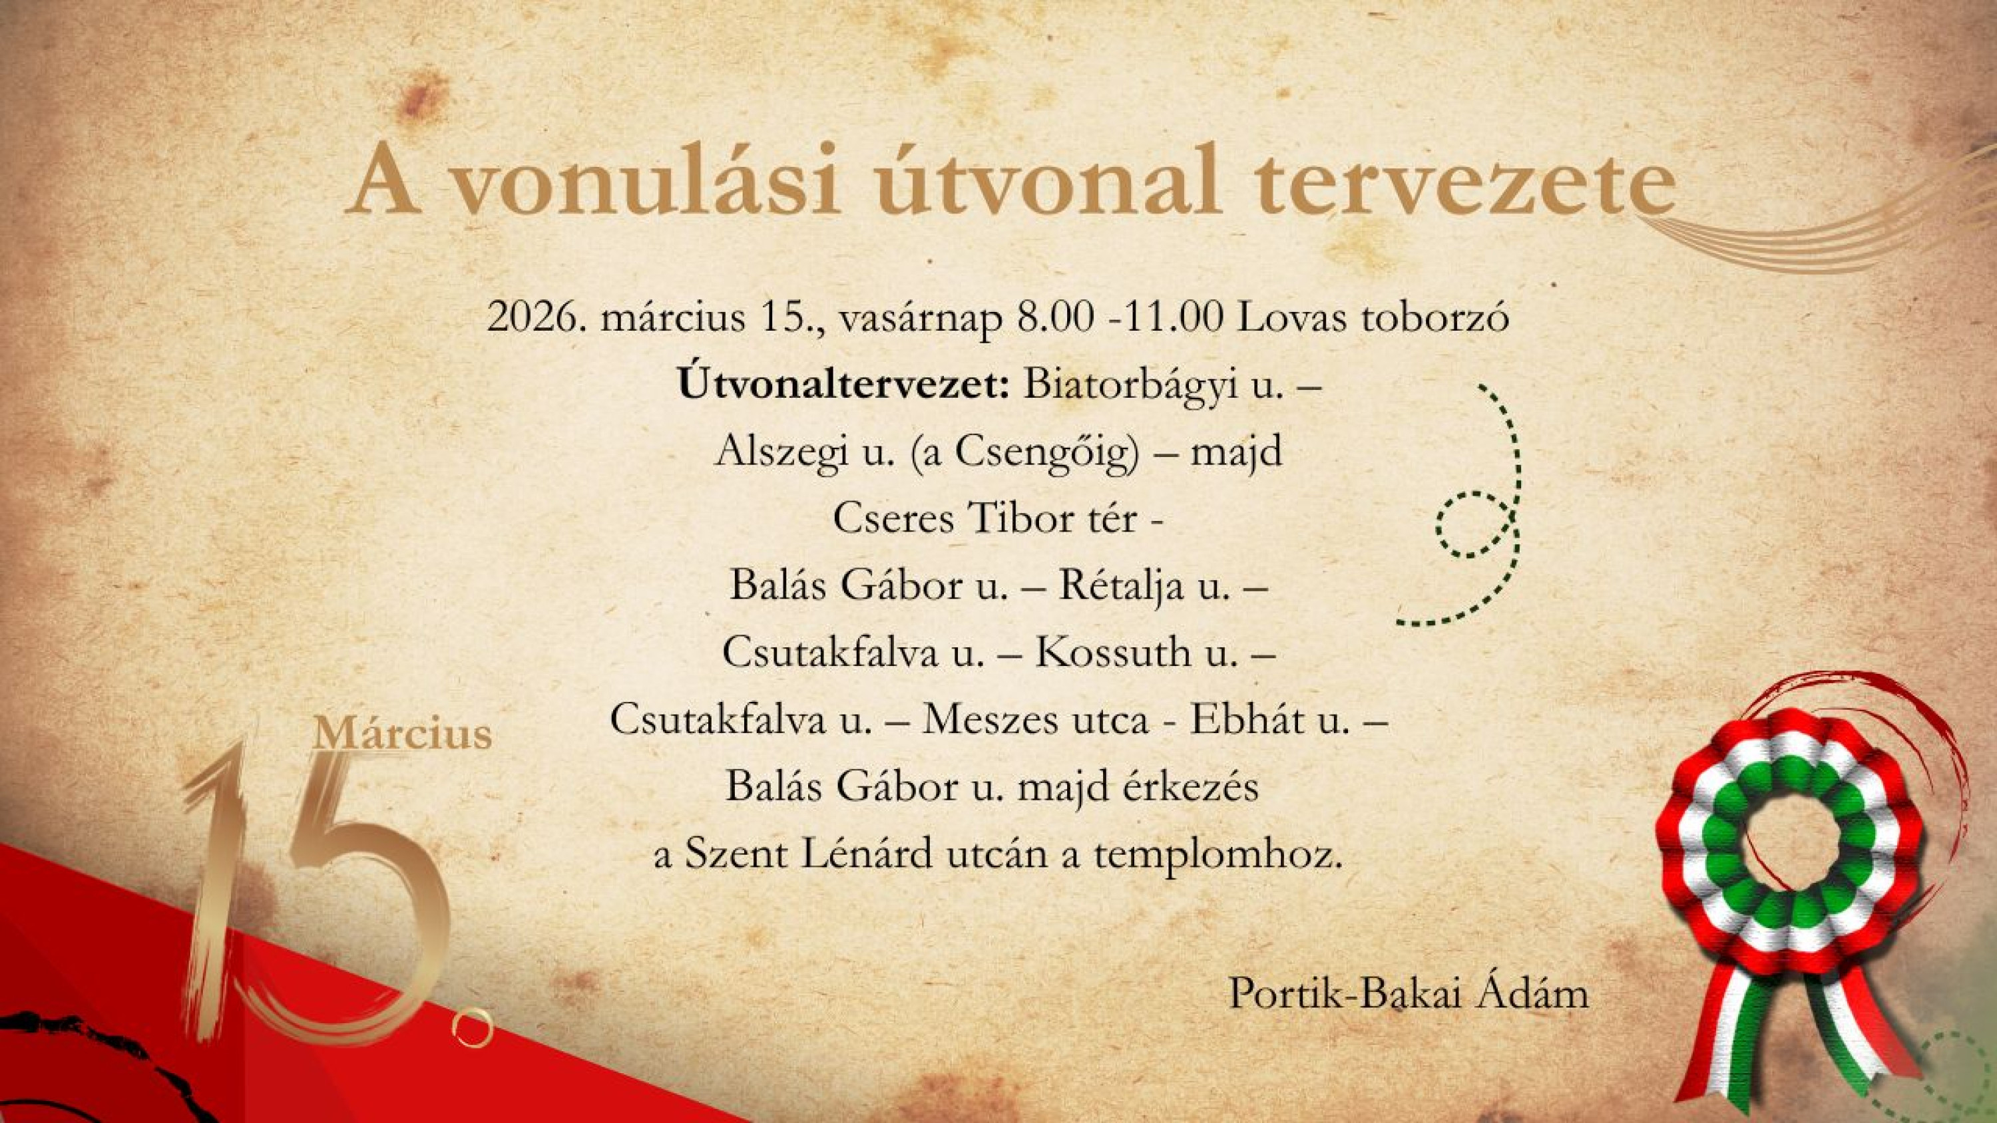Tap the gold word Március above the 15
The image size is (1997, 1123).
pos(401,732)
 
